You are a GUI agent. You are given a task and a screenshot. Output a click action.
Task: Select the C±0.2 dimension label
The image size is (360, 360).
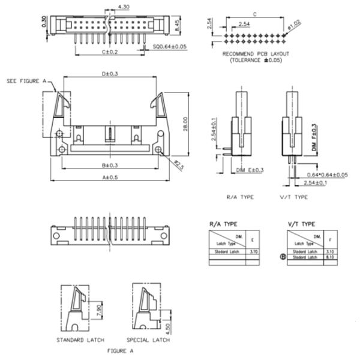[109, 53]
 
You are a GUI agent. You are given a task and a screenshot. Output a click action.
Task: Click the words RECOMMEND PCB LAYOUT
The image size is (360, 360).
[256, 54]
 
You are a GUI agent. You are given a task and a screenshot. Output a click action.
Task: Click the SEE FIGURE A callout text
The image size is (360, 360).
[26, 80]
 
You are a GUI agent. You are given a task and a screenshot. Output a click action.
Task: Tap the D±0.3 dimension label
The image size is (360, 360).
[109, 74]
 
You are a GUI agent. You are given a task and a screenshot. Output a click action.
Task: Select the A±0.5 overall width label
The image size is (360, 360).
[110, 178]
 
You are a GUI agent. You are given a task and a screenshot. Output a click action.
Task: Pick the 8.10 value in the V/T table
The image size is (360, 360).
[329, 257]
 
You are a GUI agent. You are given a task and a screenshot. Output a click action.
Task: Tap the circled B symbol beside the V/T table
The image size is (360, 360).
[283, 257]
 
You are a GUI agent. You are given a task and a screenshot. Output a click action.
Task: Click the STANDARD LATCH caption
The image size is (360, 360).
[80, 340]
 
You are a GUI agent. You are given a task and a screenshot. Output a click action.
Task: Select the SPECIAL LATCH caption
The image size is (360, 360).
[148, 340]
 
